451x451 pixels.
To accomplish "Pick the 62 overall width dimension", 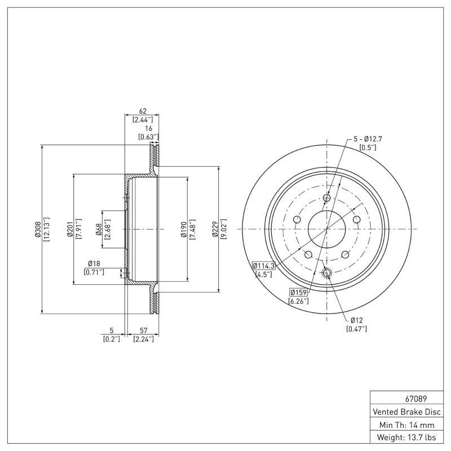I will pyautogui.click(x=142, y=111).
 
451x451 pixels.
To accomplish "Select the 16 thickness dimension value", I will pyautogui.click(x=148, y=129).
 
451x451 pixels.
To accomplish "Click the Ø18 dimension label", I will pyautogui.click(x=94, y=264).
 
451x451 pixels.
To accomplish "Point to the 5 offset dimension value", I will pyautogui.click(x=112, y=330).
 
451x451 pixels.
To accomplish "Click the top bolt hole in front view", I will pyautogui.click(x=326, y=198).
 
